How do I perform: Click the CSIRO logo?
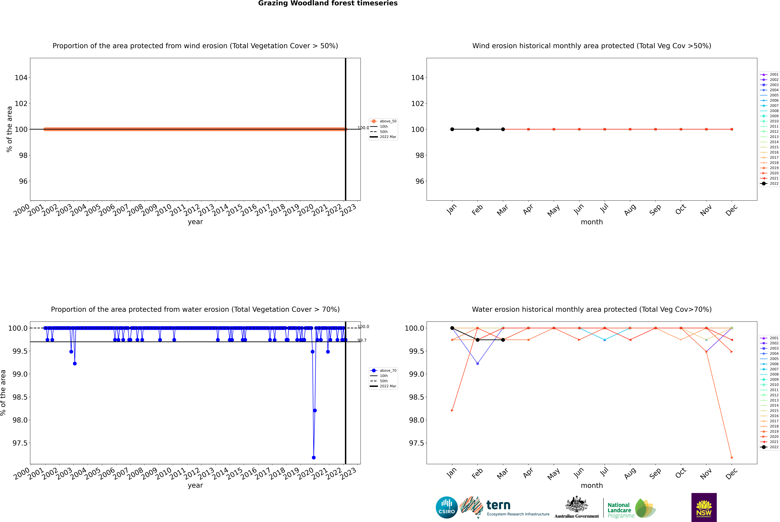[x=447, y=507]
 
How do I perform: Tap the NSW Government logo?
[x=704, y=507]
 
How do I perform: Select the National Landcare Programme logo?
[x=631, y=508]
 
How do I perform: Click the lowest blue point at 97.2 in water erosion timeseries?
[x=314, y=457]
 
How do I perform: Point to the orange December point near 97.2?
[x=731, y=457]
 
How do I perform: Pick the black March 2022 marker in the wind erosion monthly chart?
[x=503, y=129]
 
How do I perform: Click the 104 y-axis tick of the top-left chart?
[x=21, y=78]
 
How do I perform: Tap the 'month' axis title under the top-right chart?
[x=591, y=222]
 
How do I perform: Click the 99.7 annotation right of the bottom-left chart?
[x=362, y=340]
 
